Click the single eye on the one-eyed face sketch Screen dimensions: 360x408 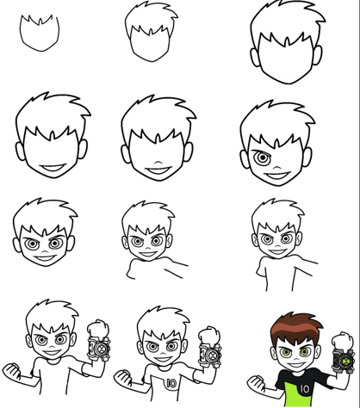262,158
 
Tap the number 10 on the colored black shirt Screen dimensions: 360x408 304,389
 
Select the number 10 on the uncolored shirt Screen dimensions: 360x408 171,383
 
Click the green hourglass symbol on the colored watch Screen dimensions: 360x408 344,360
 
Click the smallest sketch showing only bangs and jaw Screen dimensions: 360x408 40,33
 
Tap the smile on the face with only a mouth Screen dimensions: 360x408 53,168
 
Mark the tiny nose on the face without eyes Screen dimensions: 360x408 157,162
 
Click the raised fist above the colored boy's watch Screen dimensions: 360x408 342,342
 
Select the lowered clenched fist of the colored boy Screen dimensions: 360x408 256,383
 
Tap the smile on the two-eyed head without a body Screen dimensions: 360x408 45,257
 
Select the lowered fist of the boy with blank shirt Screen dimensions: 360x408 12,372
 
